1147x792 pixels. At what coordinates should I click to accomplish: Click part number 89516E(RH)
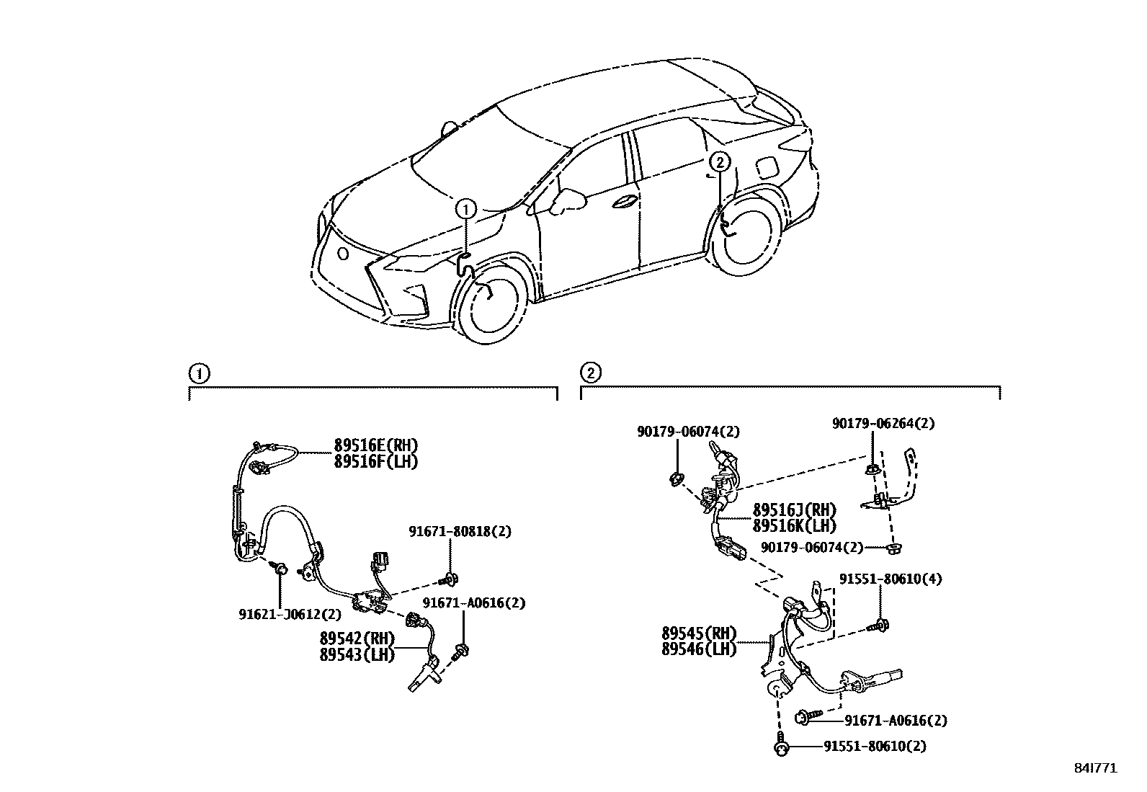coord(375,445)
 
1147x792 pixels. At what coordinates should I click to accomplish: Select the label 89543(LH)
coord(357,654)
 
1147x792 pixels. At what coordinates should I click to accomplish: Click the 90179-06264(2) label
coord(883,424)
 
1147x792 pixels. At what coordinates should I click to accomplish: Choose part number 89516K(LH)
coord(795,526)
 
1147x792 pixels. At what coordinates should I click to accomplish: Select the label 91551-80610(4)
coord(890,579)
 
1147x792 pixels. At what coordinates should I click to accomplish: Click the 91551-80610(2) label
coord(875,747)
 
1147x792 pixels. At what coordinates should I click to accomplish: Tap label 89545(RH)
coord(699,634)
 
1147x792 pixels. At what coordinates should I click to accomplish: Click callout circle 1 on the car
coord(466,210)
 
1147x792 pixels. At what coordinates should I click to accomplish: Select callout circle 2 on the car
coord(720,162)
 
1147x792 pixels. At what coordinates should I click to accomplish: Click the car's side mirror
coord(566,202)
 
